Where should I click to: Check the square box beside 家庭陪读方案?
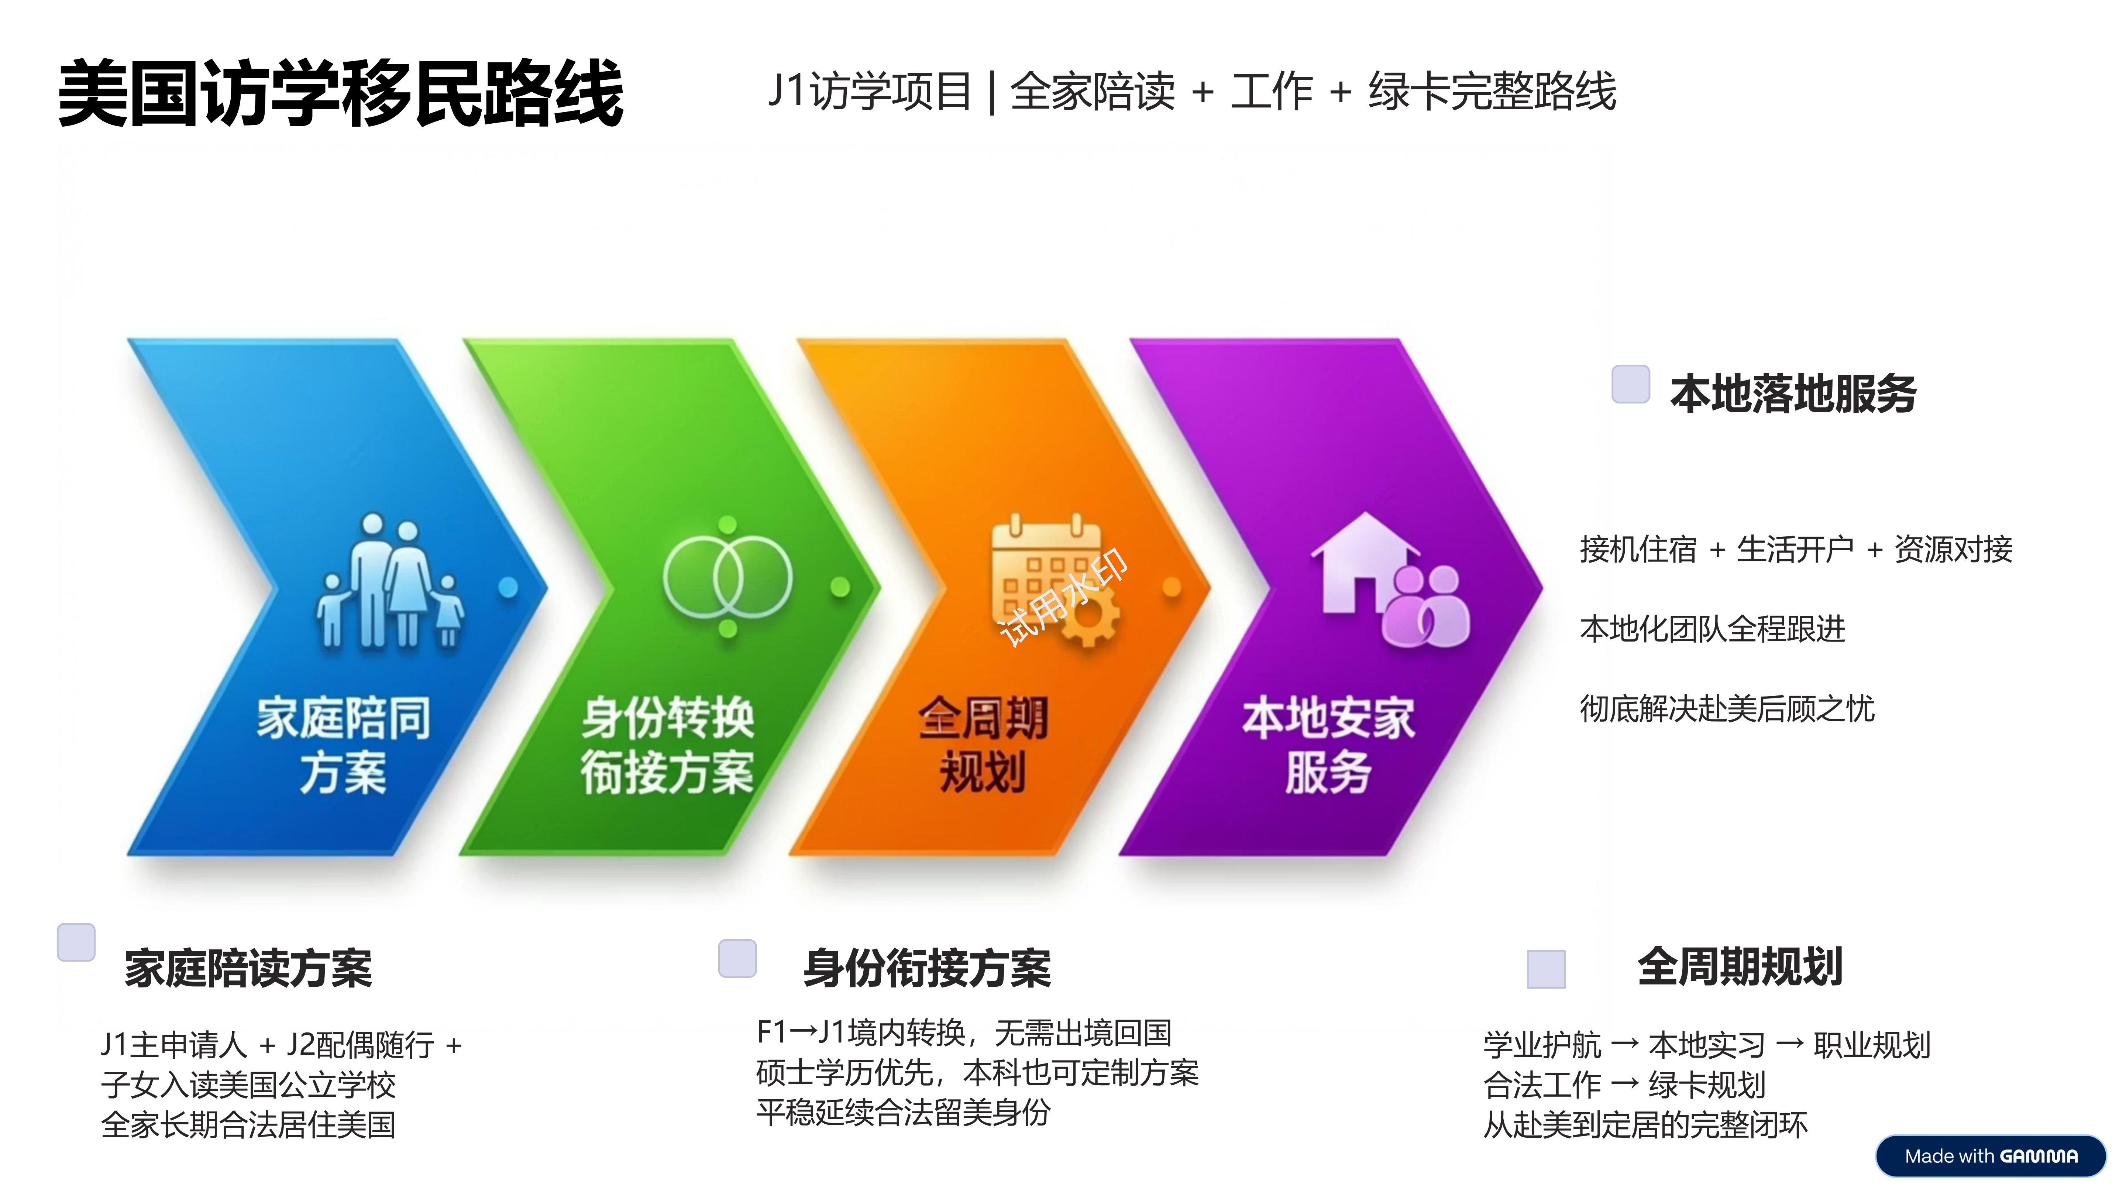pos(76,942)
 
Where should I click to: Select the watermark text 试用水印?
pos(1063,597)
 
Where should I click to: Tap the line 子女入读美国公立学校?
pos(248,1085)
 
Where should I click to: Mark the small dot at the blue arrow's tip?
pos(508,587)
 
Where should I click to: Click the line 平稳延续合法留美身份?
pos(903,1112)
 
